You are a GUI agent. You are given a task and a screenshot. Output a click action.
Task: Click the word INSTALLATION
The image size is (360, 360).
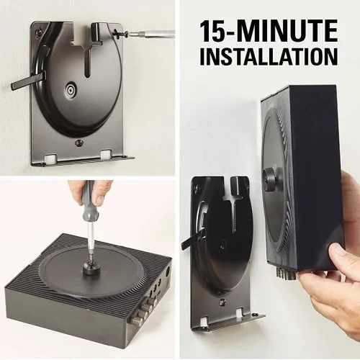[269, 57]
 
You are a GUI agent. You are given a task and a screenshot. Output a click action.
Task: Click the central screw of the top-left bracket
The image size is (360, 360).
[71, 91]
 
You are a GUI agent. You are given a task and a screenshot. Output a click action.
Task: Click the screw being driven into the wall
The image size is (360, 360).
[120, 32]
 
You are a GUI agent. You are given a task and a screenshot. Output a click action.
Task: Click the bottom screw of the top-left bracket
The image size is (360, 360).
[79, 143]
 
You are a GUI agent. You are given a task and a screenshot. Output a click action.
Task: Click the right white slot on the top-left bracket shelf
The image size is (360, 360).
[105, 155]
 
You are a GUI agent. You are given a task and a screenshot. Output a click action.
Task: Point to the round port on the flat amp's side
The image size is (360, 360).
[167, 271]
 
